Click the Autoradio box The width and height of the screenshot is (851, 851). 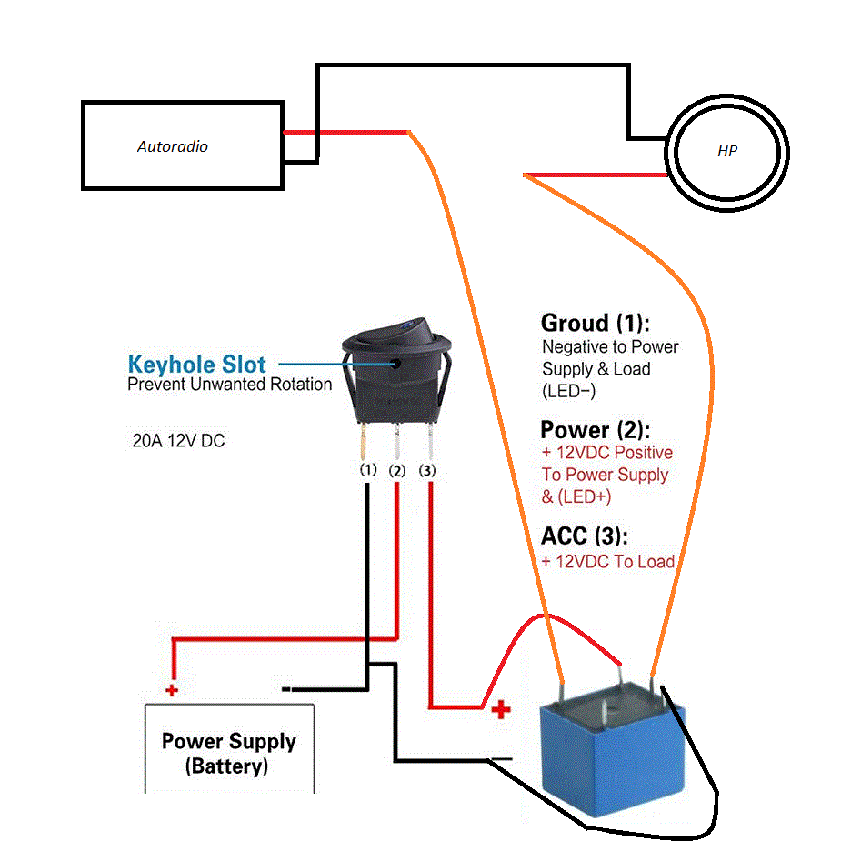(x=182, y=145)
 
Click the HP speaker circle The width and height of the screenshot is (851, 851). (x=726, y=152)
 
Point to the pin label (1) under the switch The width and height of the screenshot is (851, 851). (x=367, y=471)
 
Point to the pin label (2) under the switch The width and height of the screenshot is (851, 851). (x=397, y=471)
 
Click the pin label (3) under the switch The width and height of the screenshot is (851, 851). (x=428, y=471)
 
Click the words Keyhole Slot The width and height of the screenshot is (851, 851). (x=196, y=365)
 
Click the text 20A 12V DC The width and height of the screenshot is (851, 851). (x=178, y=441)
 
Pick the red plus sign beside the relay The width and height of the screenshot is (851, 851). (x=500, y=710)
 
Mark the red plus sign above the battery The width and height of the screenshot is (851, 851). (x=172, y=690)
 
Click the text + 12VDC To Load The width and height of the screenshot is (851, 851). (x=607, y=561)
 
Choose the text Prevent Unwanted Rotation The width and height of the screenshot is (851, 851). (x=229, y=385)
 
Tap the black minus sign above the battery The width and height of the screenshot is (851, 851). (x=286, y=689)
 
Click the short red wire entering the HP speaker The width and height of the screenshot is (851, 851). (x=596, y=174)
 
